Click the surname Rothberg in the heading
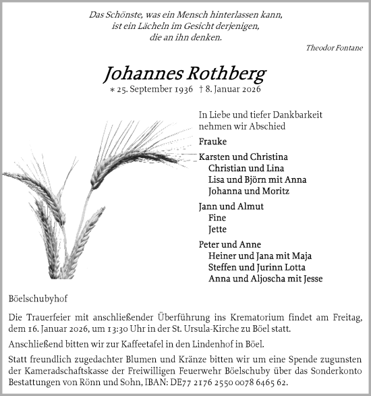(x=227, y=74)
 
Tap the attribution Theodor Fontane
(x=334, y=48)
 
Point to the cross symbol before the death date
(x=202, y=89)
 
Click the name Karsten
(x=215, y=157)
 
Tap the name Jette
(x=217, y=229)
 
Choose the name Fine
(x=217, y=218)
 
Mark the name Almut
(x=250, y=206)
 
